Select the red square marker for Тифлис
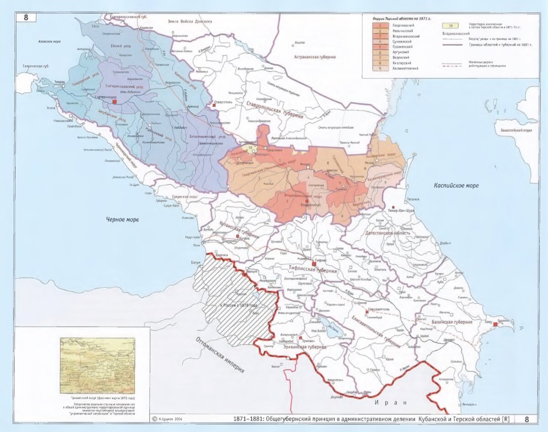(x=314, y=263)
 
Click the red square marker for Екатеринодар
(x=115, y=102)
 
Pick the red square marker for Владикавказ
(x=307, y=200)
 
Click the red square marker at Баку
(x=495, y=324)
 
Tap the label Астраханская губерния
(x=315, y=57)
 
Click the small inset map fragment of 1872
(x=97, y=365)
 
